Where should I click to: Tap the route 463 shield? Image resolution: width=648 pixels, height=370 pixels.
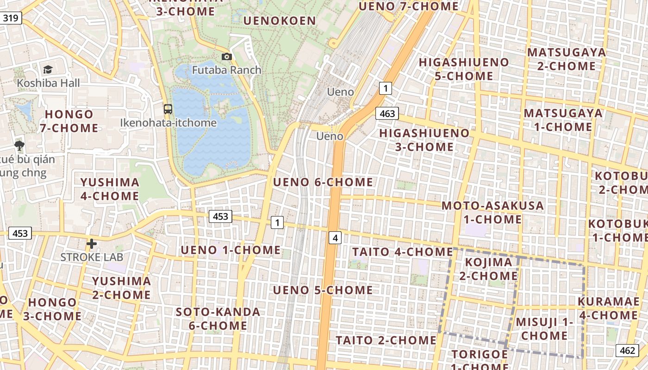[387, 113]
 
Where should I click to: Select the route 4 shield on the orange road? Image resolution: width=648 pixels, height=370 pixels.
[335, 238]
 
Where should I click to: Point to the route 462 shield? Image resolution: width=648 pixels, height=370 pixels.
[627, 350]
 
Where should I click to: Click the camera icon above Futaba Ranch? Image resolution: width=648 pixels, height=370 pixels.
[227, 56]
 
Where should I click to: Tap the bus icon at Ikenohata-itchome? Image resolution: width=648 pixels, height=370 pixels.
[168, 109]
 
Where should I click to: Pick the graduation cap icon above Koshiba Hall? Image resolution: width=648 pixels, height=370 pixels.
[48, 69]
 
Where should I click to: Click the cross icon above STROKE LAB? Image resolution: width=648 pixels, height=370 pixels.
[92, 243]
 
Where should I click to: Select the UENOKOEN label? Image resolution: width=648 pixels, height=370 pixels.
[279, 21]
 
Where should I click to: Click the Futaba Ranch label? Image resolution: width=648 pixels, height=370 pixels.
[227, 70]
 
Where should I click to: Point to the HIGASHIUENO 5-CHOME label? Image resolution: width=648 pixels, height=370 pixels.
[464, 69]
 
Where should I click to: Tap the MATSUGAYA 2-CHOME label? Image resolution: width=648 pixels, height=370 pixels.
[567, 59]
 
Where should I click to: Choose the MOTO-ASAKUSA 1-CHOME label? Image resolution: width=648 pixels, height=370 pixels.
[492, 212]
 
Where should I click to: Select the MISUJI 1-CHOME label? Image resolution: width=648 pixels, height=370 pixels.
[544, 328]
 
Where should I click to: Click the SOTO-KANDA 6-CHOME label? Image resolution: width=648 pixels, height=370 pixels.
[218, 318]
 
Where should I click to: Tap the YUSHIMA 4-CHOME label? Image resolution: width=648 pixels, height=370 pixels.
[110, 189]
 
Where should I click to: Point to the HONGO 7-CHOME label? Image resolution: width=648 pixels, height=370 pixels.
[69, 121]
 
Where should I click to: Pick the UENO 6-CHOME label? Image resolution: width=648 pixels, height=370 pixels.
[323, 182]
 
